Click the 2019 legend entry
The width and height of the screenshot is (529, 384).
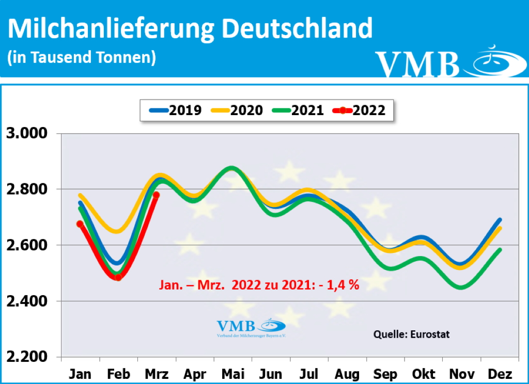(176, 110)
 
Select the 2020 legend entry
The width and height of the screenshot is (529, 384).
(237, 110)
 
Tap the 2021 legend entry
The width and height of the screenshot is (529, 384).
(298, 110)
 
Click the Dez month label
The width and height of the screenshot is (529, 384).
(500, 373)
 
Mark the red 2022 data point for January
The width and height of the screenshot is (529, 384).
(80, 224)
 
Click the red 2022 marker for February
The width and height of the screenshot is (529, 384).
(118, 277)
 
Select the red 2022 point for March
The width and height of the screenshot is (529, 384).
(157, 195)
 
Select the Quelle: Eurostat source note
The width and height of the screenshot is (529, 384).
(411, 334)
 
